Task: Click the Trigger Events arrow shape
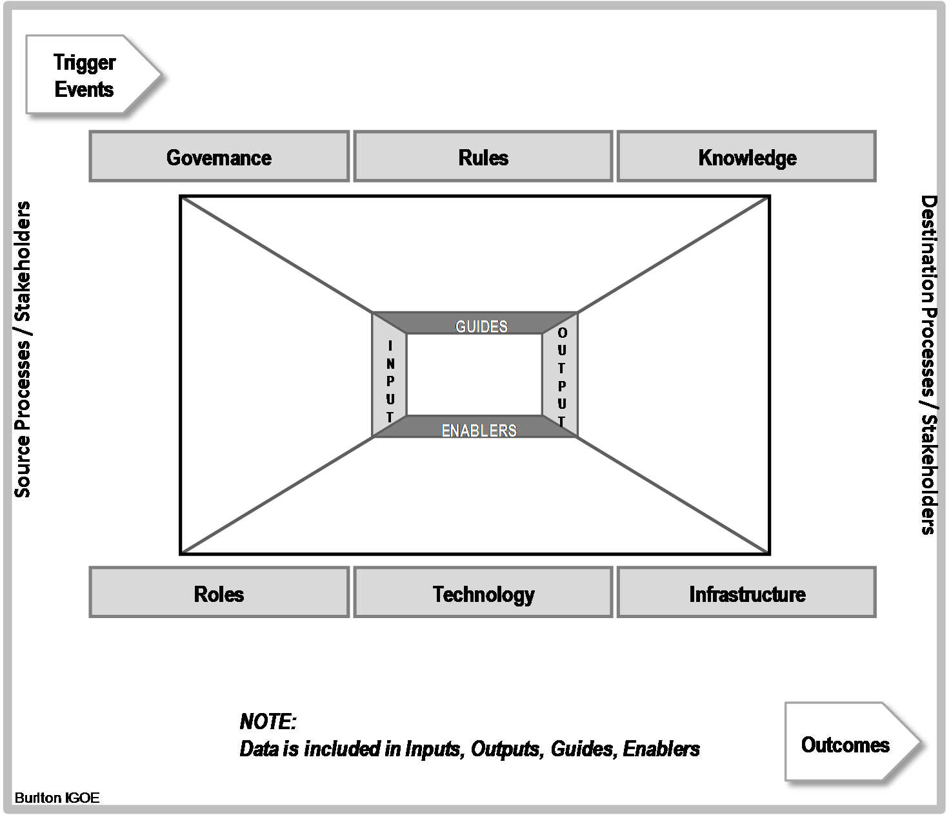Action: [90, 74]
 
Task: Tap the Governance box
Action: [219, 157]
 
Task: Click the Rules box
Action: [483, 157]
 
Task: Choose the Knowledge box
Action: [746, 157]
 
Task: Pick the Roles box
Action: [219, 593]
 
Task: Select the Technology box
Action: [483, 593]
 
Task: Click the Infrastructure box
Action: [746, 593]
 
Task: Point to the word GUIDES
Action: [481, 326]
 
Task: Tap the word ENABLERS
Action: [479, 430]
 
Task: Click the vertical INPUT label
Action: [390, 381]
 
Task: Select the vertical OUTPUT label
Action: [561, 377]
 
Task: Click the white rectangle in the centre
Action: [474, 375]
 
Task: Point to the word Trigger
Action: [85, 62]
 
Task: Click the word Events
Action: [85, 89]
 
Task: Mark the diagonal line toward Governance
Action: [277, 255]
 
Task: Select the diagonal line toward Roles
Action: [277, 495]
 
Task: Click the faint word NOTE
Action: [268, 721]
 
